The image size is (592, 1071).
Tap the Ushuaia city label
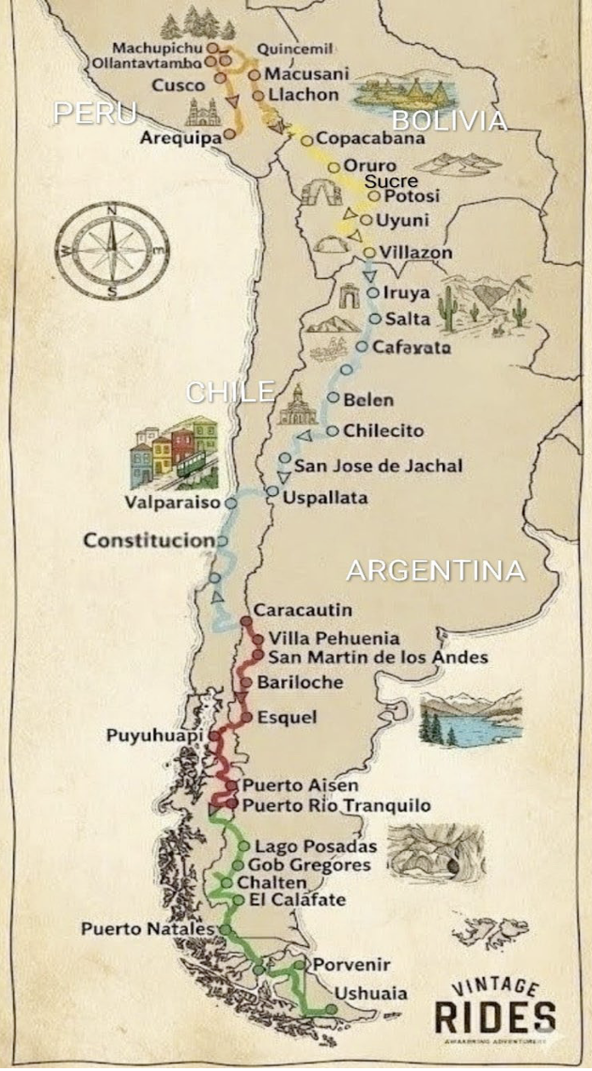coord(371,993)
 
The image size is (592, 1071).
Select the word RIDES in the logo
coord(494,1017)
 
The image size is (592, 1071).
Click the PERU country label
coord(95,113)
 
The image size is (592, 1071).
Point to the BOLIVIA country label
coord(449,120)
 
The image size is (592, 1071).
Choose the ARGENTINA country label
coord(435,570)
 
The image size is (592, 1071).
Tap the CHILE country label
coord(230,392)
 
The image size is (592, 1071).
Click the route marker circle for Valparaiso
coord(230,503)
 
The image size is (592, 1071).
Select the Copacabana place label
coord(369,138)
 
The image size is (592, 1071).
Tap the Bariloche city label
coord(300,682)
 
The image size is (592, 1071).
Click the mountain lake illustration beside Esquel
coord(470,720)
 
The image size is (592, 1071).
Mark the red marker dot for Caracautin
coord(246,621)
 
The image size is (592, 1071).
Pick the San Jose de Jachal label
coord(378,465)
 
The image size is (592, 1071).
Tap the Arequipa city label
coord(180,137)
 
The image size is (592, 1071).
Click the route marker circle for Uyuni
coord(366,220)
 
